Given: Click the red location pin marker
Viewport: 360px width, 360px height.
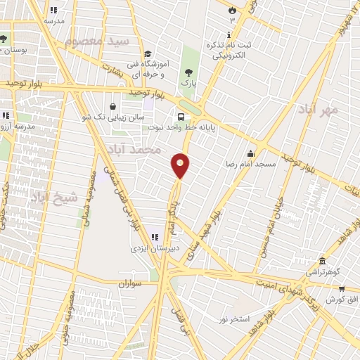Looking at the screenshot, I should (x=181, y=165).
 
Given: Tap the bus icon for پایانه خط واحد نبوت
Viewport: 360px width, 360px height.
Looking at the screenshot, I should (x=181, y=117).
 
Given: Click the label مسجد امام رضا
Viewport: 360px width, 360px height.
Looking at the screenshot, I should (x=250, y=163).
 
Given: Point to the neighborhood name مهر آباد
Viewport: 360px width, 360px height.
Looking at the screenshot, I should (x=318, y=110).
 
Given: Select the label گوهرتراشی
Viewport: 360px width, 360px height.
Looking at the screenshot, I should (x=323, y=271).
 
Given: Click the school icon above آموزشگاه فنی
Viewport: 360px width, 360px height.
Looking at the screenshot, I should (x=148, y=54).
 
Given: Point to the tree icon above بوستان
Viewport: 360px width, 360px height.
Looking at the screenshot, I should (x=5, y=39).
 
